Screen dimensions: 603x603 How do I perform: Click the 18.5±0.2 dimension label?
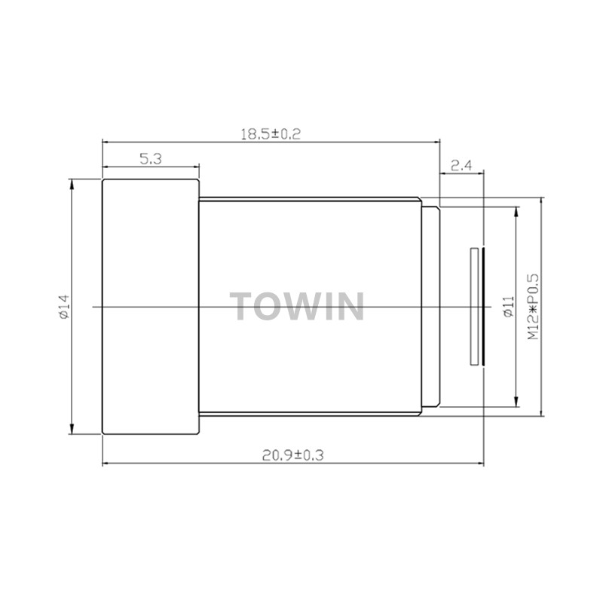(271, 134)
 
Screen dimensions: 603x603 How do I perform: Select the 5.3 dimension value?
(151, 158)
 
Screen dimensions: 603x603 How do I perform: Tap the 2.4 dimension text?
(461, 165)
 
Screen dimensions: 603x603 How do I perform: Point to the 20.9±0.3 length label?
(293, 455)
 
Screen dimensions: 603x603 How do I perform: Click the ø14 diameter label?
(64, 307)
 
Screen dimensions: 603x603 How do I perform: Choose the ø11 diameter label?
(508, 307)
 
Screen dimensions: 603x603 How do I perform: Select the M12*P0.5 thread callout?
(533, 307)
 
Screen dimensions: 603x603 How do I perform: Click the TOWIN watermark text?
(297, 306)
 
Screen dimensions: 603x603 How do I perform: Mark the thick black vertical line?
(483, 307)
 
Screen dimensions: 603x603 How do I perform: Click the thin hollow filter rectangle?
(475, 307)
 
